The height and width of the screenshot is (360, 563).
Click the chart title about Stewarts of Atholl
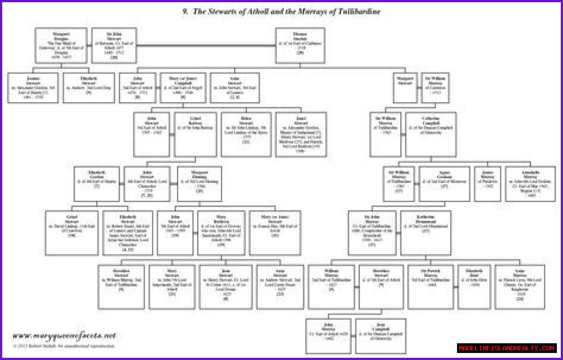(x=281, y=12)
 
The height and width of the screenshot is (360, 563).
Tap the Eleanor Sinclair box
(x=300, y=45)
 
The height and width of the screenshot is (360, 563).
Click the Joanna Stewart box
(x=33, y=88)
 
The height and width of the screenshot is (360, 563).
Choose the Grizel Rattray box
(x=195, y=134)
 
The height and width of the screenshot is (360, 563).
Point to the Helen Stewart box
(x=246, y=134)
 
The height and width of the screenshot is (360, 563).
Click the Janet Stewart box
(x=301, y=134)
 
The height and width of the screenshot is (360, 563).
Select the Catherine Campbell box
(x=431, y=134)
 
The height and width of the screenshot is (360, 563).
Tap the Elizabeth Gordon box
(x=97, y=184)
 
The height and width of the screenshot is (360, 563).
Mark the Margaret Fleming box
(x=199, y=184)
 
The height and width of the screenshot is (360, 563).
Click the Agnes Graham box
(x=444, y=184)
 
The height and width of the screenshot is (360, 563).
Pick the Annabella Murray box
(x=530, y=184)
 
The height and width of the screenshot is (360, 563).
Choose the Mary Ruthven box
(x=221, y=233)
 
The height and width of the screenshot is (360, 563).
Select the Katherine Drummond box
(x=425, y=233)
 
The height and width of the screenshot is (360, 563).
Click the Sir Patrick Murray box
(x=430, y=287)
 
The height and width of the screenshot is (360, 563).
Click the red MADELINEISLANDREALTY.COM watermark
(x=507, y=348)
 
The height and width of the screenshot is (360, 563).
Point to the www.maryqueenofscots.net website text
(x=64, y=336)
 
